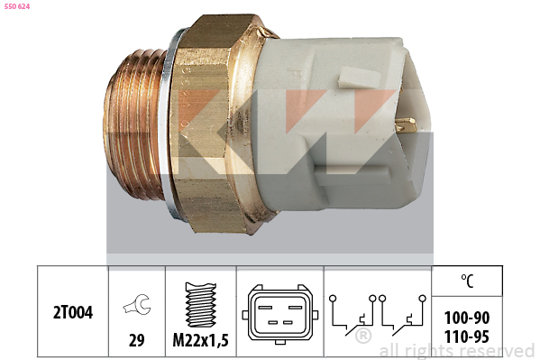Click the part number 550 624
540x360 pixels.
[x=18, y=7]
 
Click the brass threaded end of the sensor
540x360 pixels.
[x=135, y=126]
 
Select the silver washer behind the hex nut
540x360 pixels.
[x=170, y=126]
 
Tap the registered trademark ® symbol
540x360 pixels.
[x=363, y=337]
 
